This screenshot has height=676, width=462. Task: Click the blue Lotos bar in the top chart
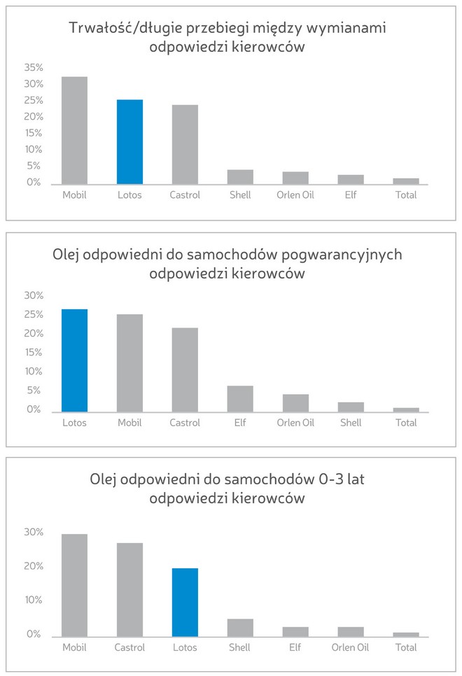[129, 141]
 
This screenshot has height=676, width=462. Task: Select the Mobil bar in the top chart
[74, 130]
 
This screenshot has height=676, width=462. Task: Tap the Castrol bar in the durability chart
[185, 144]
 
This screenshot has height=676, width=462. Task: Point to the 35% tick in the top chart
[34, 68]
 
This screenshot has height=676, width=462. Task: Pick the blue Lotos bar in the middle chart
[74, 360]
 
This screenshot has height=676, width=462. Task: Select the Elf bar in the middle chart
[240, 398]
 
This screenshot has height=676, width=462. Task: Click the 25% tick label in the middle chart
[34, 314]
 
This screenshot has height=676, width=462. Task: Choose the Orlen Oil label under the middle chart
[295, 423]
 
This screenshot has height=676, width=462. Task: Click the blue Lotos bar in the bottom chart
[185, 602]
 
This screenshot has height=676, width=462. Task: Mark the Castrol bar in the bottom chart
[129, 589]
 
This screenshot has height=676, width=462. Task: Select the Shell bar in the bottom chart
[240, 627]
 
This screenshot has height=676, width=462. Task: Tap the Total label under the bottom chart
[406, 647]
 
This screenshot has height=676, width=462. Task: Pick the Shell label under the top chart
[240, 195]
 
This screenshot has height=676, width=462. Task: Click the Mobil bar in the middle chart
[129, 362]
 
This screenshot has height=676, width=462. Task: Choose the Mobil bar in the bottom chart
[74, 585]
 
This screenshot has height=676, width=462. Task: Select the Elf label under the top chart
[350, 195]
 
